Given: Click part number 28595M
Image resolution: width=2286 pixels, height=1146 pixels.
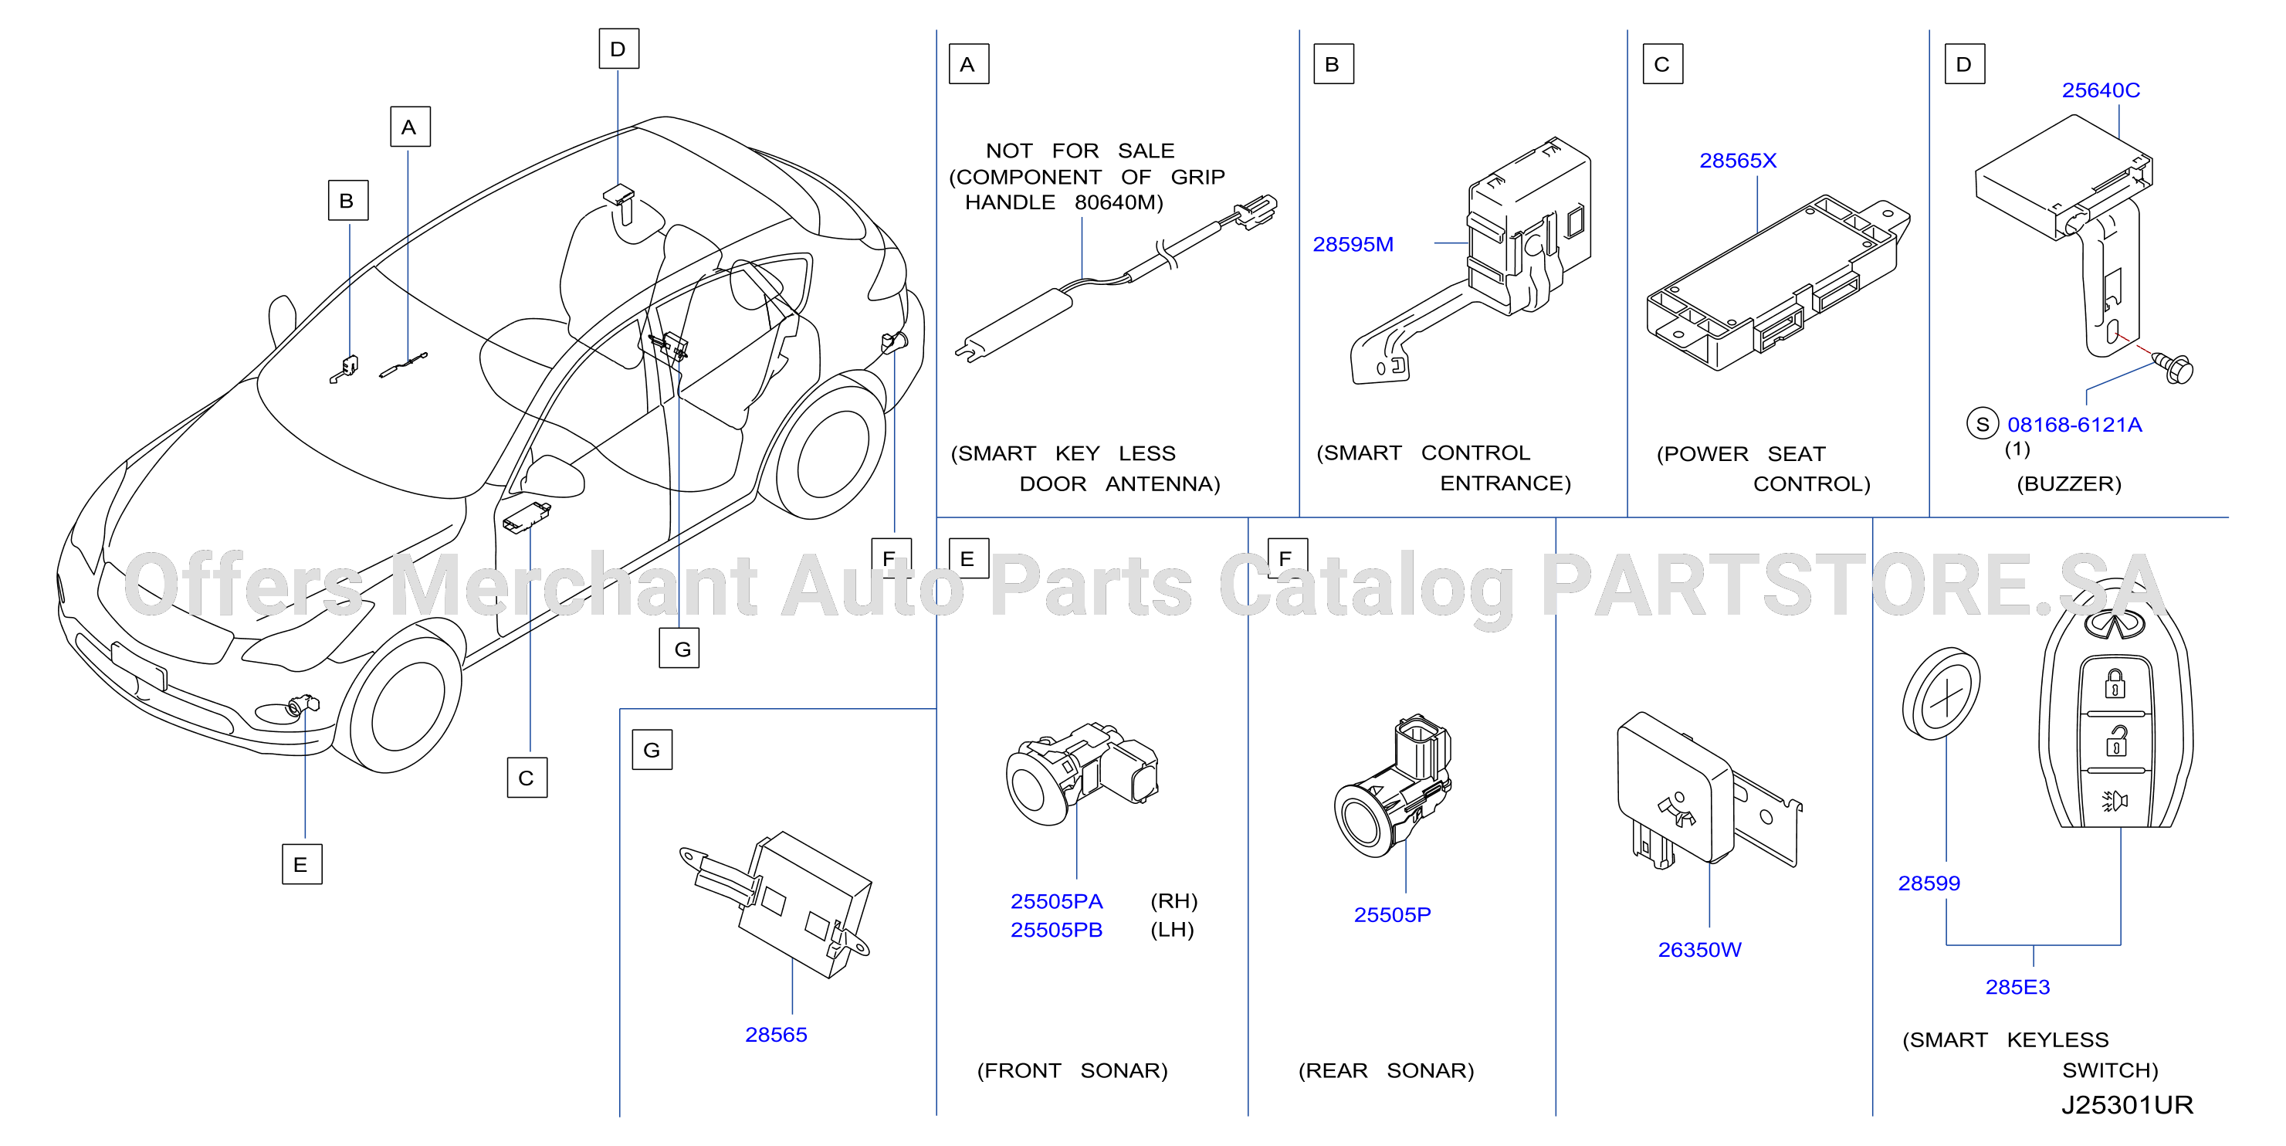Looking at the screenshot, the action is click(x=1353, y=244).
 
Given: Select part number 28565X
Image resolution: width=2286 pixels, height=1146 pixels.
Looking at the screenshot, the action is click(x=1738, y=161).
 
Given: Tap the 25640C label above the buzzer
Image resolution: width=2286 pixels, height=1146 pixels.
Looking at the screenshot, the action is click(x=2101, y=90).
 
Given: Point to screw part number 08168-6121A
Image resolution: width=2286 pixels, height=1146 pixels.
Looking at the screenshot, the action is click(x=2074, y=426).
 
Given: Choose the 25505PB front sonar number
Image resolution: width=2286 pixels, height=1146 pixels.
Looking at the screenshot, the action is click(x=1056, y=930).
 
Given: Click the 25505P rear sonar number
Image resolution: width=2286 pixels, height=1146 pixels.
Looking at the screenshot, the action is click(x=1391, y=914).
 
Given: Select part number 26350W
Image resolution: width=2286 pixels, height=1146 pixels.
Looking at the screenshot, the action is click(x=1699, y=950).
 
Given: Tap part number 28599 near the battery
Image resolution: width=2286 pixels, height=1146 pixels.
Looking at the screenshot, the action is click(x=1929, y=883).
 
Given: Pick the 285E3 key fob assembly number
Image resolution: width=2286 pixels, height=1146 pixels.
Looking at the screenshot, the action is click(x=2017, y=987).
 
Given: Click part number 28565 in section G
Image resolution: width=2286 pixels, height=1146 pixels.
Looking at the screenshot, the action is click(x=776, y=1035).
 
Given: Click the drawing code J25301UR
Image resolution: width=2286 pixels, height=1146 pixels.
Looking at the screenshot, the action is click(x=2126, y=1105).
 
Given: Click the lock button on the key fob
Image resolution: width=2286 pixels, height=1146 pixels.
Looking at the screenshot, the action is click(x=2115, y=684).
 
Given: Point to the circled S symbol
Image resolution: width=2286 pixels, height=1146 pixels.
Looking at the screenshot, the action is click(x=1982, y=424).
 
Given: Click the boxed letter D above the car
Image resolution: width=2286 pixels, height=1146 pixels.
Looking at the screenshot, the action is click(x=618, y=49).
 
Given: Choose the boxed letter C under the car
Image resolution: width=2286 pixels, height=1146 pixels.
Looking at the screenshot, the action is click(x=527, y=778).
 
